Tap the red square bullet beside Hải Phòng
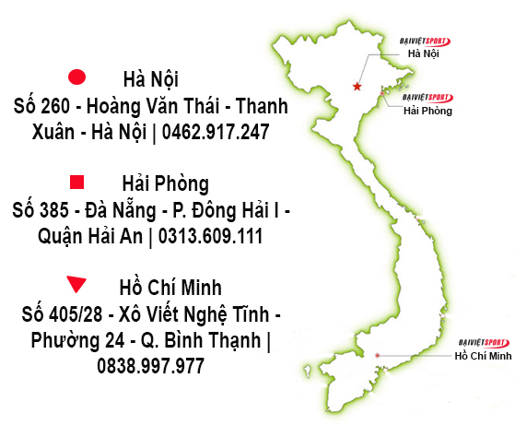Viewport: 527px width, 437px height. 77,182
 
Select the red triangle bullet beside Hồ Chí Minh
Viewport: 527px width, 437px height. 77,285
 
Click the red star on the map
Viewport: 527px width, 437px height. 357,87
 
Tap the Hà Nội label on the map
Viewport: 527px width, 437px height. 424,54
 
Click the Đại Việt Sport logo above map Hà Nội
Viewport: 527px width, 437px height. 425,41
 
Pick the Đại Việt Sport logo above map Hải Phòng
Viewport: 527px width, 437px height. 427,96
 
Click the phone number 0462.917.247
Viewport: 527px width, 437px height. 215,132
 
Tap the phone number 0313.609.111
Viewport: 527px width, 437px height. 211,236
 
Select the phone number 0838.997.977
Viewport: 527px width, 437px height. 149,366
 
